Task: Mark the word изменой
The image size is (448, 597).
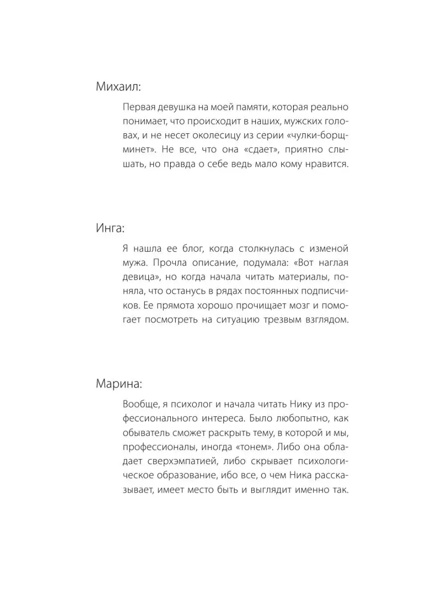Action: click(328, 249)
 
